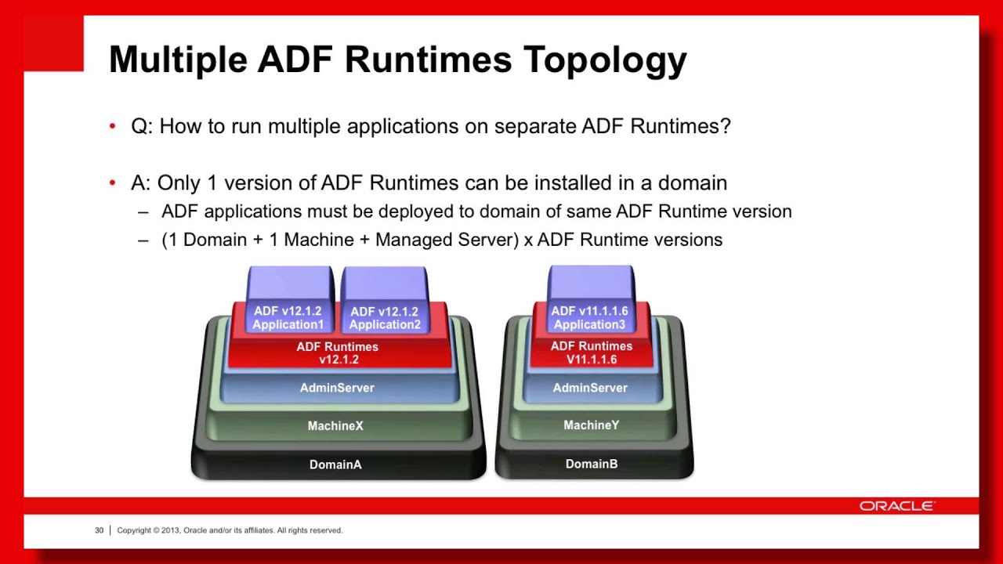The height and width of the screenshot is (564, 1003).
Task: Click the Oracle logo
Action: (x=896, y=506)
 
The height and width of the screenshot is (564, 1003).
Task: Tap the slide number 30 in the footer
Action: (x=99, y=530)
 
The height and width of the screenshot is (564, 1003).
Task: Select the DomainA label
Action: (x=335, y=465)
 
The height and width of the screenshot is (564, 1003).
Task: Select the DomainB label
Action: (x=592, y=464)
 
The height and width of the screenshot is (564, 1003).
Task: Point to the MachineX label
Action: (x=335, y=426)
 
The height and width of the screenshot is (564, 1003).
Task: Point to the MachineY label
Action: (x=592, y=425)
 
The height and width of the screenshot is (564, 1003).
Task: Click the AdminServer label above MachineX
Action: (x=337, y=388)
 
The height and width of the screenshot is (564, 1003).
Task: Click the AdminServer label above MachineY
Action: (x=590, y=388)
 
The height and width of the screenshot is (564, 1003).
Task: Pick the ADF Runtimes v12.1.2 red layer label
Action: (x=338, y=353)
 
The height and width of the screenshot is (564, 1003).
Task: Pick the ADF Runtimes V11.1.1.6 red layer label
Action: (x=592, y=352)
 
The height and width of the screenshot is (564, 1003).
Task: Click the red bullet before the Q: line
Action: (x=113, y=126)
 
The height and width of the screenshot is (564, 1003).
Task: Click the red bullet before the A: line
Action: (x=113, y=183)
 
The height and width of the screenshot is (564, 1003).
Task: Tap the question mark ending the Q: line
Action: (x=726, y=126)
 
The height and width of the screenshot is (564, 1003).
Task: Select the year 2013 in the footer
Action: (x=170, y=530)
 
